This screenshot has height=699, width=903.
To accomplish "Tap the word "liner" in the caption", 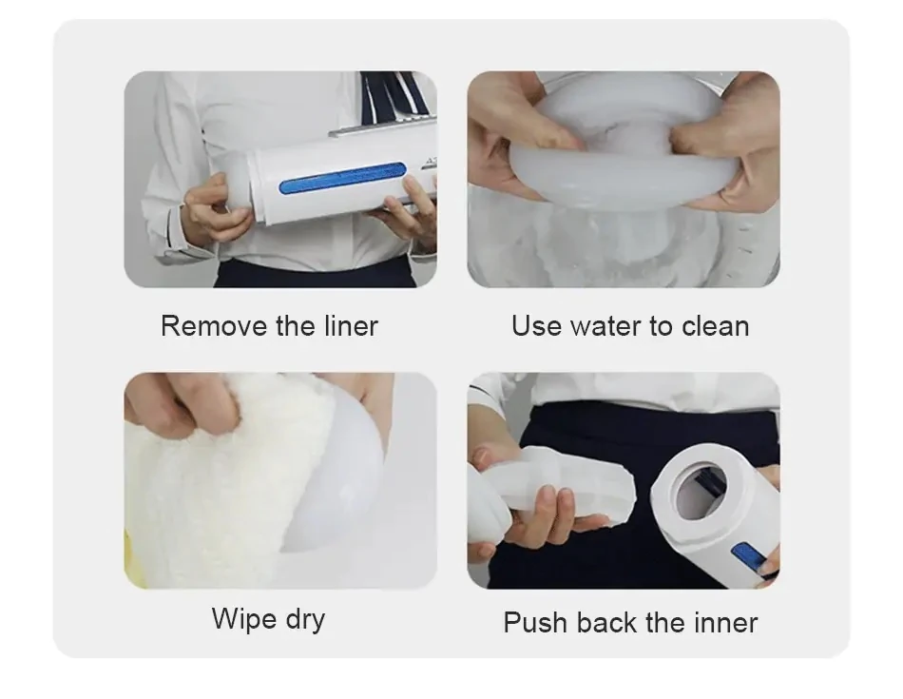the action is click(351, 325).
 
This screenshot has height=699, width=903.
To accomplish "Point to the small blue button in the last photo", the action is click(747, 558).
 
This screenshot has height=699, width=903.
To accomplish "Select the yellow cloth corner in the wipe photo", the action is click(134, 562).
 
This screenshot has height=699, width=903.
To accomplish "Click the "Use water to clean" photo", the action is click(624, 179).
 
